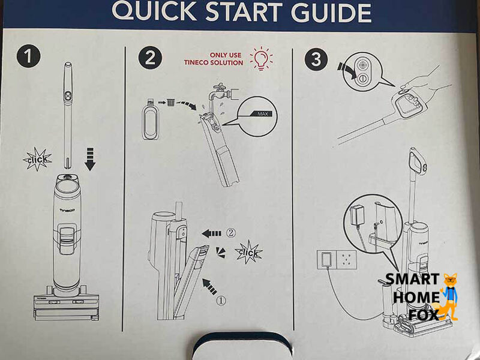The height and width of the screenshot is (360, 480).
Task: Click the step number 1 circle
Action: [x=28, y=56]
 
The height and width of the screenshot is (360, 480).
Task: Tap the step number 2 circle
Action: [x=150, y=58]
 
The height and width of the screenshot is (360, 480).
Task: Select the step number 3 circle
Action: [x=316, y=59]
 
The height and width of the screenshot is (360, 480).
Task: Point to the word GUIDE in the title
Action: [x=331, y=12]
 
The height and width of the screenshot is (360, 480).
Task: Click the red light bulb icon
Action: [x=261, y=58]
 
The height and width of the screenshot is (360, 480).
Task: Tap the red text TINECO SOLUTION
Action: [x=214, y=63]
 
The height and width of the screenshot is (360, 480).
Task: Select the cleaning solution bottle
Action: [x=151, y=119]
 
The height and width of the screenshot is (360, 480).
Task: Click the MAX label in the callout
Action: [x=262, y=114]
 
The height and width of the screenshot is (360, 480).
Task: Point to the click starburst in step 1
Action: [x=38, y=159]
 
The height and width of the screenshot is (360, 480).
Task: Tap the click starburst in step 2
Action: [x=248, y=252]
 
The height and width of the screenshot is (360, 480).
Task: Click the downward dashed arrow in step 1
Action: [x=90, y=159]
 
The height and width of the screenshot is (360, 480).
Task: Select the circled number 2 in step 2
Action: [x=231, y=233]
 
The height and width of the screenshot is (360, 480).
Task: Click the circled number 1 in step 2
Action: [x=221, y=301]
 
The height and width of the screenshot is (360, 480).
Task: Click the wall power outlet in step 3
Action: [x=337, y=260]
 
